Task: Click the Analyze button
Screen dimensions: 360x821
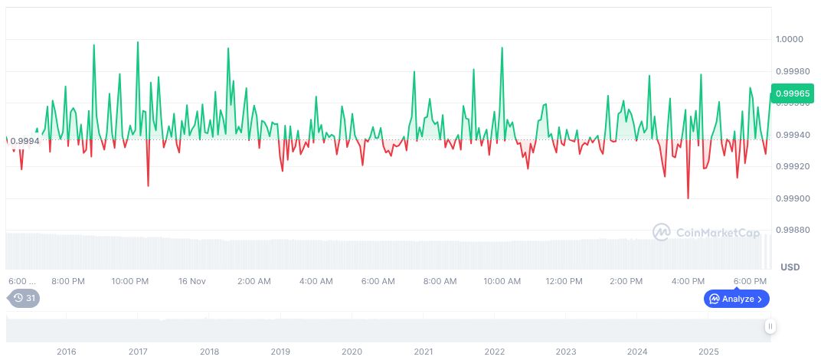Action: (x=737, y=299)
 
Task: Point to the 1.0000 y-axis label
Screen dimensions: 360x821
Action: (x=790, y=39)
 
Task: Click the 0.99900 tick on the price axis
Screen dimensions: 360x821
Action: (x=792, y=198)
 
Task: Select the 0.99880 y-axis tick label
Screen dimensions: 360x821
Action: (x=792, y=231)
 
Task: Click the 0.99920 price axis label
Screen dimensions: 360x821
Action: (x=792, y=166)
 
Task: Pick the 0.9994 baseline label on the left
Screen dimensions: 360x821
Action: (x=25, y=140)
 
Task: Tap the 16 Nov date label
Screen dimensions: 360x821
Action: (x=192, y=281)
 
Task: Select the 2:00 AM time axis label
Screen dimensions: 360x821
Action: (x=254, y=281)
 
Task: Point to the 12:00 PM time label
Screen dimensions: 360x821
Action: (x=565, y=281)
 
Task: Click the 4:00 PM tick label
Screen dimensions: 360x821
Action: (x=687, y=281)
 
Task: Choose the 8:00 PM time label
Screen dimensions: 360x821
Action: (x=68, y=281)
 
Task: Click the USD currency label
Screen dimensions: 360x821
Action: (x=790, y=267)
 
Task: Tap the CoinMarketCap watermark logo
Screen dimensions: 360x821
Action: (x=705, y=231)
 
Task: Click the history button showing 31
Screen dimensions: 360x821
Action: (x=24, y=299)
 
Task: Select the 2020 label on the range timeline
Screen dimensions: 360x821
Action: (x=352, y=352)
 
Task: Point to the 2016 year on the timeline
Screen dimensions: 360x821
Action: (x=67, y=352)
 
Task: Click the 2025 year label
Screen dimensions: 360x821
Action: (x=708, y=352)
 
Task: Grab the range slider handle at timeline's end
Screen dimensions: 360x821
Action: (x=770, y=326)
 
